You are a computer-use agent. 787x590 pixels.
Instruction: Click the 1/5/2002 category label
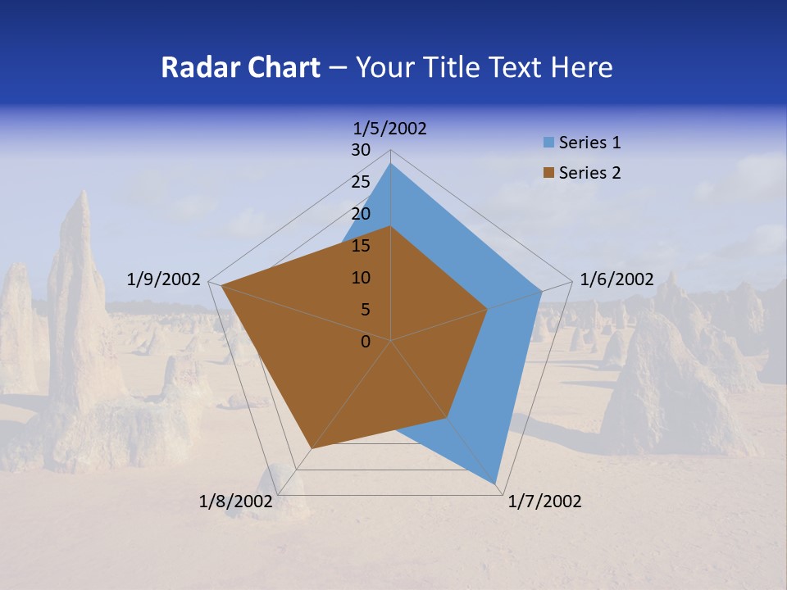point(389,128)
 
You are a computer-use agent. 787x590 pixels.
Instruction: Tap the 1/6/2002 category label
point(616,279)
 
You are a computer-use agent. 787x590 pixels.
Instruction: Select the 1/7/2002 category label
point(544,501)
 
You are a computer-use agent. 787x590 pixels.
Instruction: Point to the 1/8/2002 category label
point(235,501)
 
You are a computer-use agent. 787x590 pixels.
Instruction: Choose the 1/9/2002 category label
point(164,279)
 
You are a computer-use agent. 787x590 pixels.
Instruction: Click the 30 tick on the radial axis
point(361,150)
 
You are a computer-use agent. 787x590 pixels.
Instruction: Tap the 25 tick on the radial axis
point(361,182)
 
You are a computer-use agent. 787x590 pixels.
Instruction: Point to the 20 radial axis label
point(361,214)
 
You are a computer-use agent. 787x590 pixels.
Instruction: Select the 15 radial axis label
point(361,246)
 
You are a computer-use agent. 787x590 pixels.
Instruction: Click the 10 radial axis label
point(361,278)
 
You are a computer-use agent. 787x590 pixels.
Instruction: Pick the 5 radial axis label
point(366,310)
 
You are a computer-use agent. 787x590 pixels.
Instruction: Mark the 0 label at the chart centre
point(366,342)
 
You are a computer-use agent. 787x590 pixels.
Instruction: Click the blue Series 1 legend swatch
point(548,143)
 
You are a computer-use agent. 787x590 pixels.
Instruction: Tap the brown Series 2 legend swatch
point(548,173)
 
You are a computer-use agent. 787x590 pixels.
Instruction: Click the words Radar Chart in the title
point(240,67)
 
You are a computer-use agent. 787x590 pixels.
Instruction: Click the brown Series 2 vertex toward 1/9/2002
point(221,286)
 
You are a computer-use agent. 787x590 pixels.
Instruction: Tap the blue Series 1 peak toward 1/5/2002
point(391,164)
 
